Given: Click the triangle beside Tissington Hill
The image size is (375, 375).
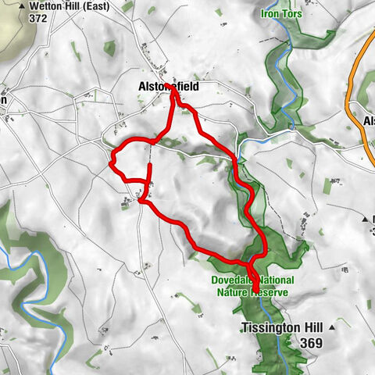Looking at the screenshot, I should (x=334, y=326).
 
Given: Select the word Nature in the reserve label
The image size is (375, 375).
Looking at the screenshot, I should (x=236, y=292).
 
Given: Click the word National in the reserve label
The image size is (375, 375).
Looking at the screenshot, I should (x=271, y=280).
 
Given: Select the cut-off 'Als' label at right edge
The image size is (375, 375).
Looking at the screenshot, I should (x=369, y=121).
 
